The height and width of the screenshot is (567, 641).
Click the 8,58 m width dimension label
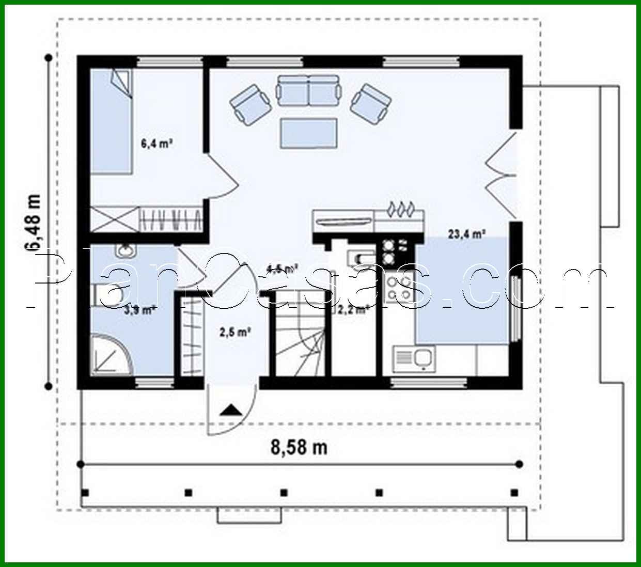pos(299,447)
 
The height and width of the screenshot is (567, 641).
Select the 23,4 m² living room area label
pos(466,234)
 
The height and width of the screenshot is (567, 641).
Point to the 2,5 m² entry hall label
pos(235,332)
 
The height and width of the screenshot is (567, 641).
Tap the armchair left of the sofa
pos(251,102)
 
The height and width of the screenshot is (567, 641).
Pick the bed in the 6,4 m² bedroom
pos(112,122)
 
